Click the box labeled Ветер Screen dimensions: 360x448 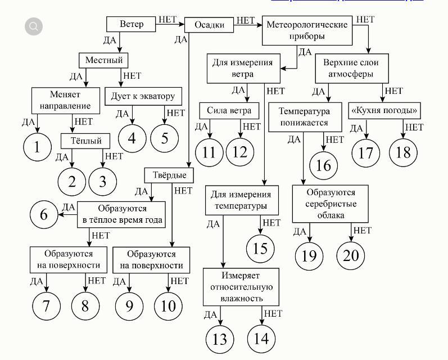point(132,24)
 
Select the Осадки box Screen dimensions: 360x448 point(209,25)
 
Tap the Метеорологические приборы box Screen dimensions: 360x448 point(307,30)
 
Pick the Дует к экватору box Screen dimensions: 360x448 point(143,96)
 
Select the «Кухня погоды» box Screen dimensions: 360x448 point(385,110)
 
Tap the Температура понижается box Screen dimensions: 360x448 point(305,116)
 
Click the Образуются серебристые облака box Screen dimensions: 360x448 point(331,204)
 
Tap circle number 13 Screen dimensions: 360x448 point(220,339)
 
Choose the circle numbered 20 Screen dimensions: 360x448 point(351,255)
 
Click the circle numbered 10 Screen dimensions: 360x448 point(169,305)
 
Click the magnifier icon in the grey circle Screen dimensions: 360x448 point(34,26)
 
